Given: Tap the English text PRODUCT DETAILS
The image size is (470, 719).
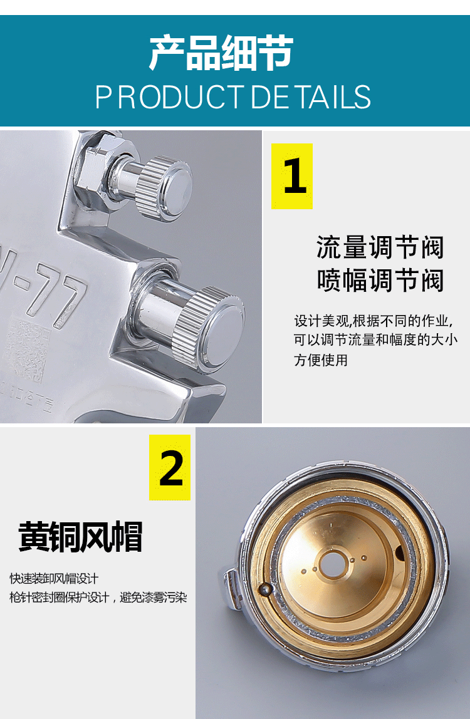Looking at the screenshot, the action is tap(232, 96).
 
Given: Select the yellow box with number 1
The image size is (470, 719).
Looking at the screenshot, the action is tap(292, 176).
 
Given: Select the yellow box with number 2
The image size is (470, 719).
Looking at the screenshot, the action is tap(170, 467).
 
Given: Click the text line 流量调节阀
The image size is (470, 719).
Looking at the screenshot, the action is tap(380, 247).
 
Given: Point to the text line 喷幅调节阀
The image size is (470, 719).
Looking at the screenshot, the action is tap(380, 280).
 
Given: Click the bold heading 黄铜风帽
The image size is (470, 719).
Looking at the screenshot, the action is tap(80, 537).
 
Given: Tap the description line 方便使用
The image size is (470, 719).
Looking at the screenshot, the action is tap(321, 360).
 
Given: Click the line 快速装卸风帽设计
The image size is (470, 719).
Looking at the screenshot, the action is tap(54, 579).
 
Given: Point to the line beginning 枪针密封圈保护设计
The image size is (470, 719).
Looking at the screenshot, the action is tap(98, 597).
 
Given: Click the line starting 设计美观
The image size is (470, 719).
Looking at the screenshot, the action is tap(373, 321).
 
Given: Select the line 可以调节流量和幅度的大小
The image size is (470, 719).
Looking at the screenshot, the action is tap(376, 340).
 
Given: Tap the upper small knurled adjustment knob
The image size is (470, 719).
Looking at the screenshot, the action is tap(164, 189).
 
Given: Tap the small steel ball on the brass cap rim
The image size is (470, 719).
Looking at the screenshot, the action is tap(265, 590).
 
